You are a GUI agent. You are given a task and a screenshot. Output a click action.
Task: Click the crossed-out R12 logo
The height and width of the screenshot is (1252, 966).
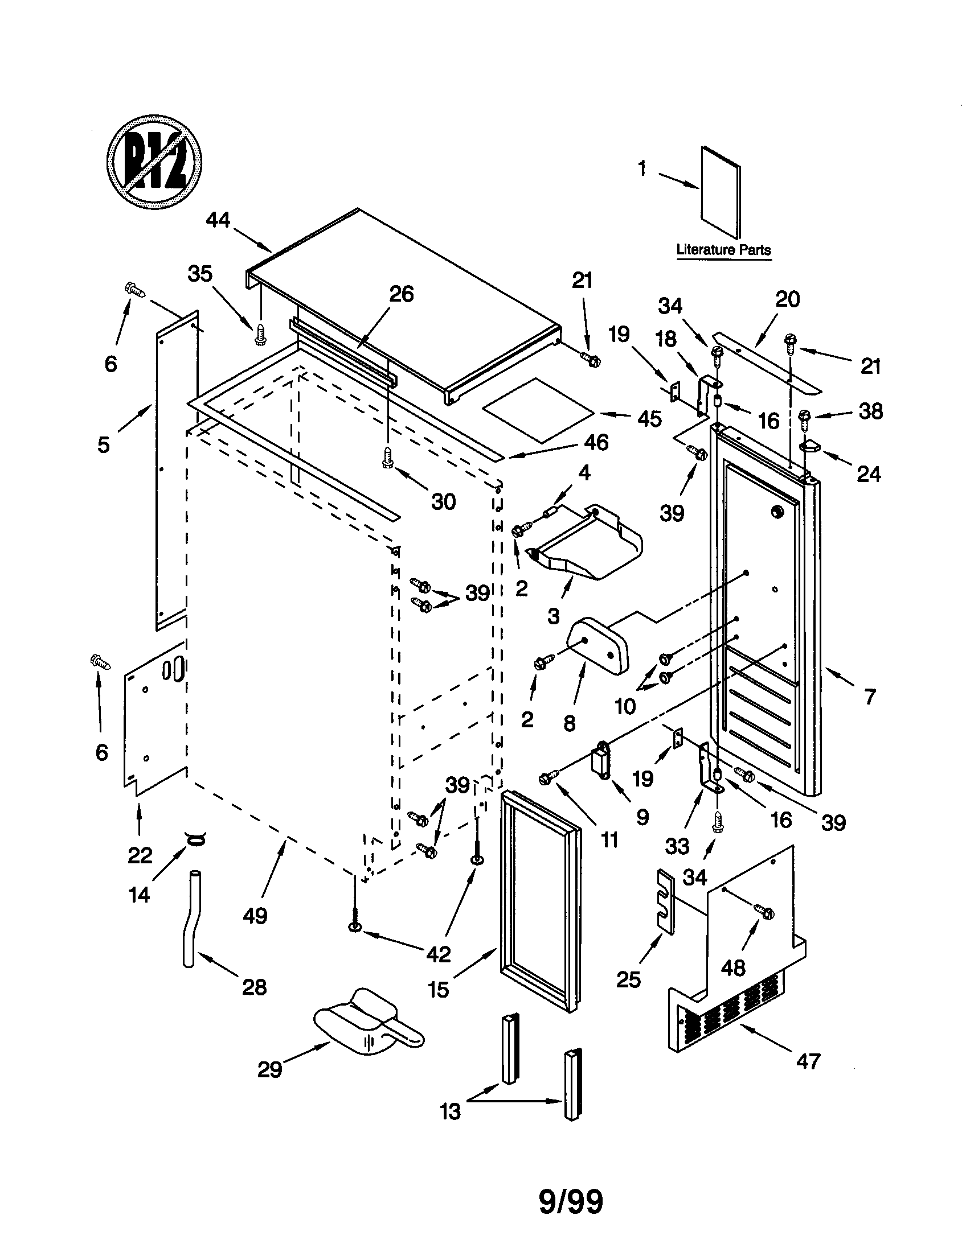[154, 162]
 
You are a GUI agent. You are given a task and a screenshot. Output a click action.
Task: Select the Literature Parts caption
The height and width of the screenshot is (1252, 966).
[723, 250]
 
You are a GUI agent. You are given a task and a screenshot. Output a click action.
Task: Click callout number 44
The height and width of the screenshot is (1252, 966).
[218, 220]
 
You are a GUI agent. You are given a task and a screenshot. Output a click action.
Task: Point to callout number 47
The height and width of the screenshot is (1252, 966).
[808, 1062]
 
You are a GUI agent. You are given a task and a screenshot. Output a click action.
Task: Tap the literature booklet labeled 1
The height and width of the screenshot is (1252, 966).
[721, 192]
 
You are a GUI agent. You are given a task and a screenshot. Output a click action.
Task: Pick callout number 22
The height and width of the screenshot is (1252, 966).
[140, 855]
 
